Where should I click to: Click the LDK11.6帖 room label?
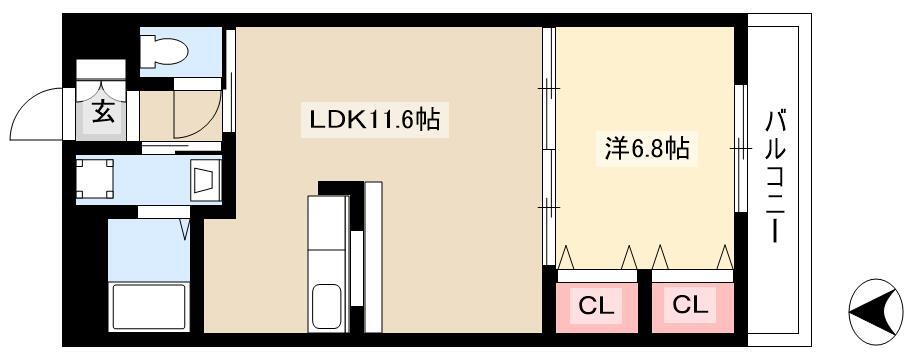point(374,120)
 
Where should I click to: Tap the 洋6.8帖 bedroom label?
point(647,150)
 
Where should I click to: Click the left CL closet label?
point(596,305)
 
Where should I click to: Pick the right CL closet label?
point(690,304)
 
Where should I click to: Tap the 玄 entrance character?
point(103,113)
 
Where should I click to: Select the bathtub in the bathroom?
point(150,307)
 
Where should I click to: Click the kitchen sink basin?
point(326,307)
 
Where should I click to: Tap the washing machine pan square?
point(95,178)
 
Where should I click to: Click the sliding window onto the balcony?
point(741,149)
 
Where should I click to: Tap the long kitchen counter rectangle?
point(373,257)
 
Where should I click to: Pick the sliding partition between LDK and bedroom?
point(548,147)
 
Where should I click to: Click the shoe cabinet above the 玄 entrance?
point(101,69)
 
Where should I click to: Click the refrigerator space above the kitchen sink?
point(328,223)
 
